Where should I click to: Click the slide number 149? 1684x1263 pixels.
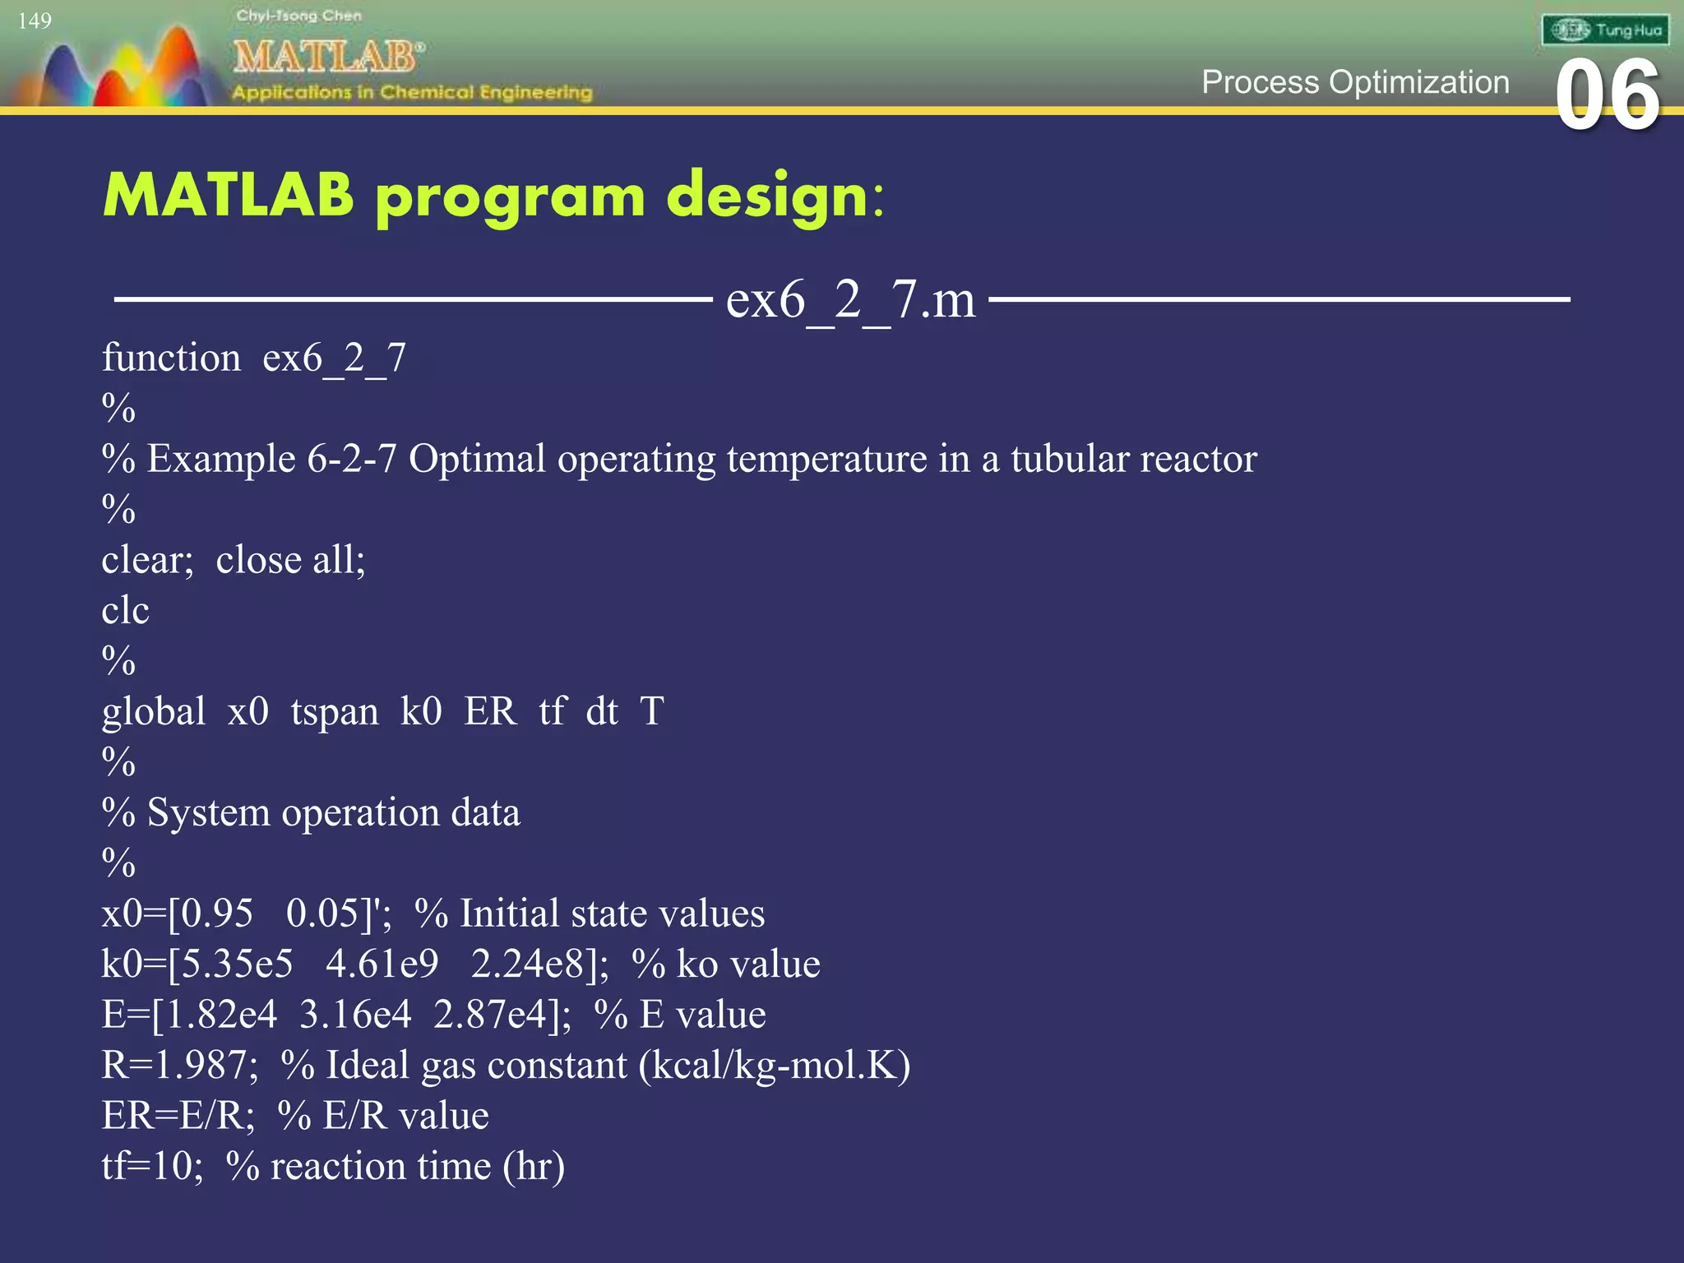pyautogui.click(x=35, y=21)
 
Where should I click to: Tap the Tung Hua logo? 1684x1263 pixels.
pyautogui.click(x=1605, y=30)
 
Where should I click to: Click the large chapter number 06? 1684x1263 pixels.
pyautogui.click(x=1607, y=97)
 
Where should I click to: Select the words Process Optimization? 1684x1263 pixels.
pyautogui.click(x=1354, y=82)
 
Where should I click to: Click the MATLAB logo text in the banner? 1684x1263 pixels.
pyautogui.click(x=326, y=57)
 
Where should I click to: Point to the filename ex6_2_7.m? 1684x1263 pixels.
pyautogui.click(x=850, y=299)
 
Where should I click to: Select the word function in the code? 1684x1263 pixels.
pyautogui.click(x=171, y=359)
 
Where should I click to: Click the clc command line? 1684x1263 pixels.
pyautogui.click(x=125, y=611)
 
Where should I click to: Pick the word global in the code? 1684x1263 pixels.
pyautogui.click(x=154, y=712)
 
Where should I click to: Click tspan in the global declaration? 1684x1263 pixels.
pyautogui.click(x=334, y=712)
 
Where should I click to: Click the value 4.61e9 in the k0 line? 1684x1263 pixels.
pyautogui.click(x=382, y=965)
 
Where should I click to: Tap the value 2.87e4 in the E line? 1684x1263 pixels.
pyautogui.click(x=489, y=1015)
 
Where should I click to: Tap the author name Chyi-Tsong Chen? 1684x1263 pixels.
pyautogui.click(x=298, y=16)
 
